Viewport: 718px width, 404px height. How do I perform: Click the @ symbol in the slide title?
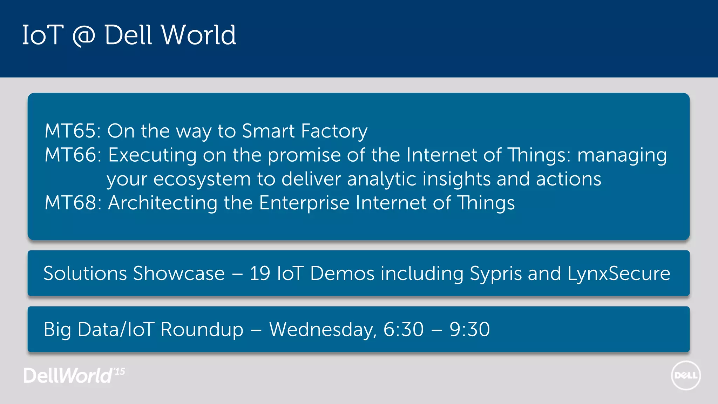pyautogui.click(x=83, y=36)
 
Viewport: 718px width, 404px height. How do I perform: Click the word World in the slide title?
pyautogui.click(x=198, y=35)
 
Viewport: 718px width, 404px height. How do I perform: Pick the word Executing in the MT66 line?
pyautogui.click(x=152, y=155)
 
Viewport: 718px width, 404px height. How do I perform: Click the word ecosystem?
pyautogui.click(x=202, y=180)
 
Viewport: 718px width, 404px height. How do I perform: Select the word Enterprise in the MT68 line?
pyautogui.click(x=304, y=203)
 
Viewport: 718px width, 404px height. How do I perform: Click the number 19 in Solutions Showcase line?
pyautogui.click(x=260, y=274)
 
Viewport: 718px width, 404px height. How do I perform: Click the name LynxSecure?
pyautogui.click(x=618, y=274)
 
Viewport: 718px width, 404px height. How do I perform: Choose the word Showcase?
pyautogui.click(x=179, y=274)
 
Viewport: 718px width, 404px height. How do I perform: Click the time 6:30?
pyautogui.click(x=404, y=330)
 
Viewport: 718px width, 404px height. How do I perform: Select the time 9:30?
pyautogui.click(x=470, y=330)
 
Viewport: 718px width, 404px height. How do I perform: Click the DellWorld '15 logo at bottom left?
pyautogui.click(x=74, y=376)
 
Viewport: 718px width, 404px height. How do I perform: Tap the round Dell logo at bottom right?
pyautogui.click(x=686, y=376)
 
